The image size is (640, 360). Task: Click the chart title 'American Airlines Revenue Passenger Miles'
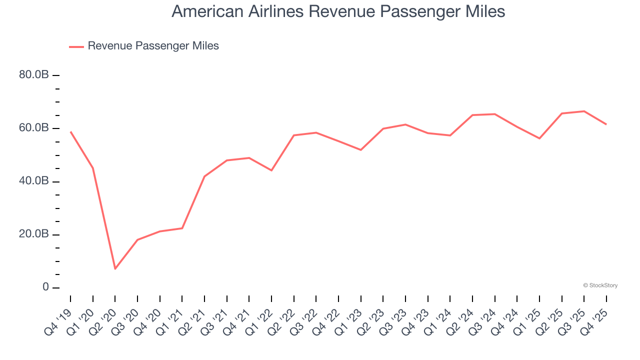pyautogui.click(x=338, y=11)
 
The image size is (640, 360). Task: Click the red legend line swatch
pyautogui.click(x=76, y=46)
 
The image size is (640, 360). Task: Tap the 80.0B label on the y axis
pyautogui.click(x=34, y=75)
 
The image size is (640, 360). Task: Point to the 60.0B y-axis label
pyautogui.click(x=34, y=128)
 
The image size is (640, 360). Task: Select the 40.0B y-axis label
pyautogui.click(x=34, y=181)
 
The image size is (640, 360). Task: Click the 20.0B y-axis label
pyautogui.click(x=34, y=234)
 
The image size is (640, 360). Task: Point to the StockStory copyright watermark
pyautogui.click(x=600, y=285)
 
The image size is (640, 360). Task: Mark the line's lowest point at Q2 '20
pyautogui.click(x=115, y=269)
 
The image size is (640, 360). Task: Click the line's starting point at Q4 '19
pyautogui.click(x=70, y=132)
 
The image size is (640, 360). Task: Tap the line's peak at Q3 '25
pyautogui.click(x=584, y=111)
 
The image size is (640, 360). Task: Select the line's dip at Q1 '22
pyautogui.click(x=271, y=170)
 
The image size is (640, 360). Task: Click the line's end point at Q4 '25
pyautogui.click(x=606, y=124)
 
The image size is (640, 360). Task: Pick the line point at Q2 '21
pyautogui.click(x=204, y=176)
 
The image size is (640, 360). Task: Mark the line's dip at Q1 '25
pyautogui.click(x=539, y=138)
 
